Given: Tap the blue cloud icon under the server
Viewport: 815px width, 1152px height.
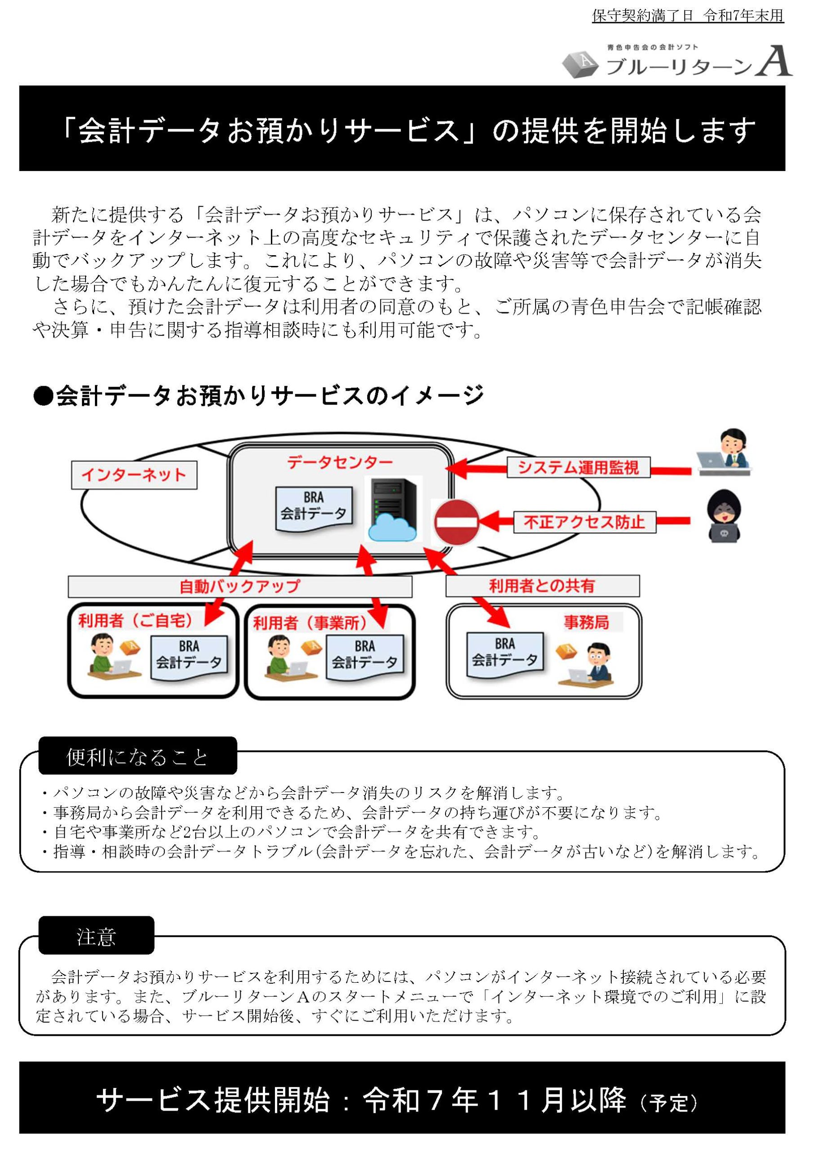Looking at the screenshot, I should coord(392,528).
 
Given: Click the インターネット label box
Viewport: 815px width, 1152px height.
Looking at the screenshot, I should coord(134,475).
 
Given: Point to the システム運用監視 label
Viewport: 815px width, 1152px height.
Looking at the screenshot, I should coord(578,467).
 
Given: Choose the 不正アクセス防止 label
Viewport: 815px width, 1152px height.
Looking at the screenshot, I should coord(584,522).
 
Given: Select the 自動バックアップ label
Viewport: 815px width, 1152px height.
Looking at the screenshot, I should coord(239,586).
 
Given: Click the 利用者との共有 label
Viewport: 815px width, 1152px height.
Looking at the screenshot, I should coord(542,585).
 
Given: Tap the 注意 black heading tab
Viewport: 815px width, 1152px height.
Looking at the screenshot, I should coord(96,937).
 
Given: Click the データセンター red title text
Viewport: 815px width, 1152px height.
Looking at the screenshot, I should coord(340,462).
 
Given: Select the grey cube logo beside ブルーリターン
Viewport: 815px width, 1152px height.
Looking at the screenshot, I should coord(580,64).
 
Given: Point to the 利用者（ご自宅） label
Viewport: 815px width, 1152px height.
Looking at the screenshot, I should coord(135,621).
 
